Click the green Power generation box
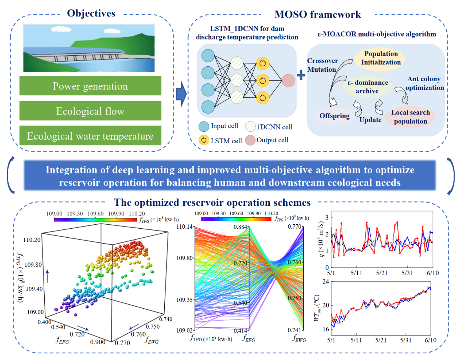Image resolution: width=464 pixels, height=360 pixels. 90,86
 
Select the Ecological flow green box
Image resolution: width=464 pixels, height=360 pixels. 90,111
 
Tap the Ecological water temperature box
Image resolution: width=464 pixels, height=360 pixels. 90,136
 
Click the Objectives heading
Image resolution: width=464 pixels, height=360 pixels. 91,13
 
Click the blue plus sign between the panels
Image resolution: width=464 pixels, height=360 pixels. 301,75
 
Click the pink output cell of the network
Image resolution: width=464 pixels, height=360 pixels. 288,80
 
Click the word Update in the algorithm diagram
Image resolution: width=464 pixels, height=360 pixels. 370,120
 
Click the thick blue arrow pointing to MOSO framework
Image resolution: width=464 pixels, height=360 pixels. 180,94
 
